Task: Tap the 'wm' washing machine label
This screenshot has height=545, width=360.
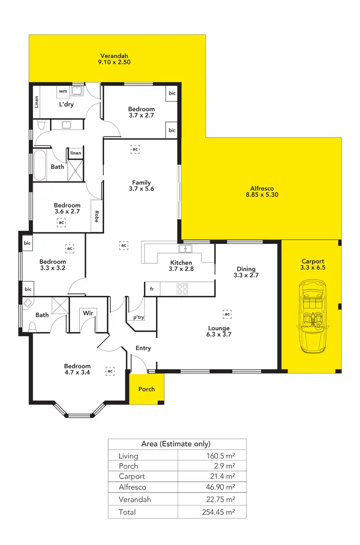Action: pyautogui.click(x=63, y=91)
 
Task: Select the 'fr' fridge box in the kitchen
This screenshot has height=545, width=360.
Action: pyautogui.click(x=152, y=289)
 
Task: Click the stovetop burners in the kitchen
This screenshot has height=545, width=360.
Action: pyautogui.click(x=182, y=289)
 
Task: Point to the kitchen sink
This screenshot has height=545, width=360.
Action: pyautogui.click(x=185, y=249)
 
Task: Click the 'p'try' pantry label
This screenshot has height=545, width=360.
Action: pyautogui.click(x=138, y=317)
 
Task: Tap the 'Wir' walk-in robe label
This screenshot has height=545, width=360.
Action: pyautogui.click(x=88, y=313)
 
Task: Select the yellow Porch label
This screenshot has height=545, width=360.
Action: pyautogui.click(x=146, y=389)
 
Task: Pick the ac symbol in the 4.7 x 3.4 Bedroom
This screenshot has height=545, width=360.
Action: pyautogui.click(x=110, y=371)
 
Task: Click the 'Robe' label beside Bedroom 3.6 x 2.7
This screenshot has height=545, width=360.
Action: pyautogui.click(x=96, y=216)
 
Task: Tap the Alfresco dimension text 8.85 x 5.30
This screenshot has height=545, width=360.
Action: pyautogui.click(x=261, y=194)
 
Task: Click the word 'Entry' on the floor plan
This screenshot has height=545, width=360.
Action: pyautogui.click(x=143, y=348)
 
